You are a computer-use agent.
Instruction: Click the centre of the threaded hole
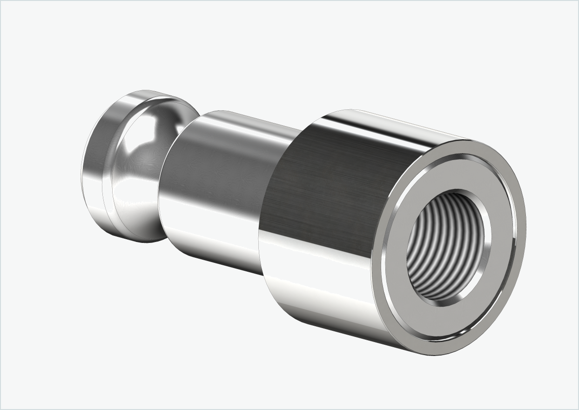pyautogui.click(x=448, y=248)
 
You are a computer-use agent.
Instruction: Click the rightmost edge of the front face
pyautogui.click(x=525, y=223)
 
